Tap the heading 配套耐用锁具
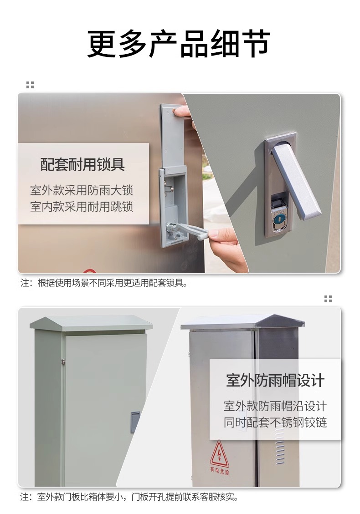coord(82,164)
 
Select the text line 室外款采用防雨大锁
coord(82,190)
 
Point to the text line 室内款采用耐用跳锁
coord(82,207)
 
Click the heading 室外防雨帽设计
coord(275,380)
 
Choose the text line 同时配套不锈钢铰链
coord(275,422)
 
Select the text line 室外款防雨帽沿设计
coord(275,406)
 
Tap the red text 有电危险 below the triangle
coord(220,471)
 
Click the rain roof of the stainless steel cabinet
coord(242,322)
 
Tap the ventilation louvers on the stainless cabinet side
coord(279,446)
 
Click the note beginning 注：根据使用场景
coord(104,283)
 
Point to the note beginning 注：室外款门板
coord(129,497)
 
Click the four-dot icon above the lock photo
coord(30,85)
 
